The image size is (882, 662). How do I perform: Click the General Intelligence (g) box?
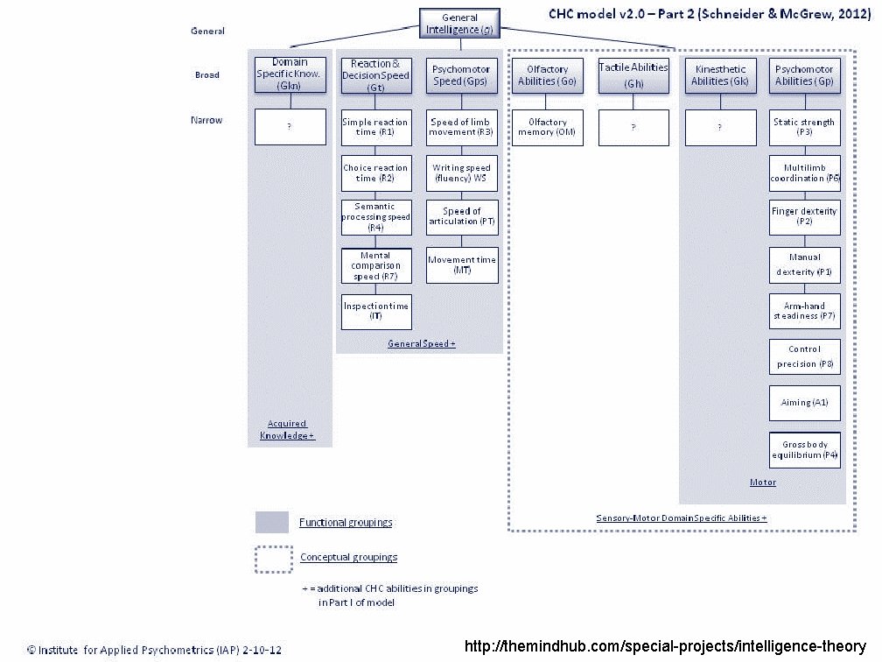click(x=459, y=24)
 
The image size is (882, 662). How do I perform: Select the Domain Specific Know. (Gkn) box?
click(x=290, y=74)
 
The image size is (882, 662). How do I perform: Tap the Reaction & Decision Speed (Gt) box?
click(x=375, y=75)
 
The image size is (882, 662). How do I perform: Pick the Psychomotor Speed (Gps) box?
click(x=462, y=75)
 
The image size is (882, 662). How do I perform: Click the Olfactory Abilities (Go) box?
click(x=546, y=75)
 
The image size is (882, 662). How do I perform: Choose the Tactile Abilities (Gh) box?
click(x=633, y=75)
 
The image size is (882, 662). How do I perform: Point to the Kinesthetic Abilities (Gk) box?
click(x=719, y=75)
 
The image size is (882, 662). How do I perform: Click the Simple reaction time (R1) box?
click(x=375, y=128)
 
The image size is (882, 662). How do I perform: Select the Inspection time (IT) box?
click(x=375, y=311)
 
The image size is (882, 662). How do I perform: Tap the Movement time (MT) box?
click(x=462, y=264)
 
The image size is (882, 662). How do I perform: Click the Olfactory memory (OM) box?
click(x=546, y=128)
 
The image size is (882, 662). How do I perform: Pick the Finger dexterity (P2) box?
click(x=804, y=217)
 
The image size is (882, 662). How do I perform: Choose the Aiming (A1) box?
click(x=804, y=403)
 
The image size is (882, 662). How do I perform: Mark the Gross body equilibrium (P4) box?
click(x=804, y=450)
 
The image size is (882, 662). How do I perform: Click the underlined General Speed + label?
click(x=422, y=344)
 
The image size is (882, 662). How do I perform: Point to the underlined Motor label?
click(x=763, y=482)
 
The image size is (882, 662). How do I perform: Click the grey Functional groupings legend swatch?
click(x=272, y=522)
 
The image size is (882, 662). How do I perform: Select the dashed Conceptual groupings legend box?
click(x=273, y=558)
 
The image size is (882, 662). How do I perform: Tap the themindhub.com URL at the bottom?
click(x=665, y=647)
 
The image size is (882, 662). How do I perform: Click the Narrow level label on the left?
click(x=206, y=120)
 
